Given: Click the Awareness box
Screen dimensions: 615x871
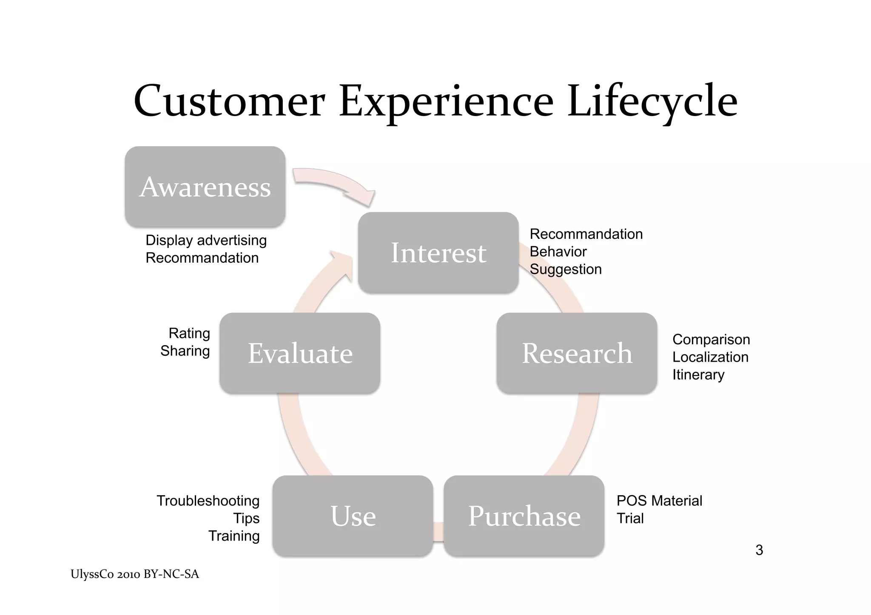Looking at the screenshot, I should (x=205, y=187).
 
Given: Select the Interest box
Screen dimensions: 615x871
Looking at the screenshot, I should (x=438, y=252).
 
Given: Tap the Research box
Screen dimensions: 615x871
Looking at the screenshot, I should (x=577, y=353).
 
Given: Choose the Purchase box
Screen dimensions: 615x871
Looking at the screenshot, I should (x=524, y=516).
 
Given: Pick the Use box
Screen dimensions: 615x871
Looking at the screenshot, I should (x=353, y=516).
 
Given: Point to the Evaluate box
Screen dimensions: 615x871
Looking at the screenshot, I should (x=300, y=353).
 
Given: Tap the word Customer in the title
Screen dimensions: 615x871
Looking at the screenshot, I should (x=230, y=101).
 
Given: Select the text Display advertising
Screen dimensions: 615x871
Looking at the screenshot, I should (x=206, y=240).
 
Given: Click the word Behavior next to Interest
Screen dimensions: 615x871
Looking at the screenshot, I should (x=558, y=252).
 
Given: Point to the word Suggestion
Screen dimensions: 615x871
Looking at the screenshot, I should (x=566, y=269).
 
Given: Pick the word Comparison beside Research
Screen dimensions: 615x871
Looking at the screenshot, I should (x=711, y=339).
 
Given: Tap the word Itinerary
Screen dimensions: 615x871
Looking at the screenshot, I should (x=698, y=374).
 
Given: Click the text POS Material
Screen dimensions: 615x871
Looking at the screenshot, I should (x=659, y=501).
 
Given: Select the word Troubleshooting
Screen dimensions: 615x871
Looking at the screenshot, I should (x=208, y=501).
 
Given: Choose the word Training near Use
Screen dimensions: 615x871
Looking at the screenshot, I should (x=234, y=536).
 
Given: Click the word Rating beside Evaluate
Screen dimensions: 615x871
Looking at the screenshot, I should (x=189, y=333).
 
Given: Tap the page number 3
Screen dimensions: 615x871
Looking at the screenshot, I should (x=759, y=550).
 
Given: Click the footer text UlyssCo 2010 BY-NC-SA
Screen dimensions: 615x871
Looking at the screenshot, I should (x=135, y=574).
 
